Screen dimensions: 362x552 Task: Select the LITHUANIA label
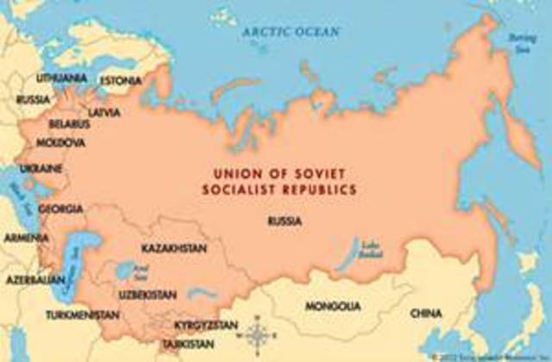tap(61, 78)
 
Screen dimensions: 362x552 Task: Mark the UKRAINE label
tap(41, 167)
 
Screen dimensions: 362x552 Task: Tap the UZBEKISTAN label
tap(148, 295)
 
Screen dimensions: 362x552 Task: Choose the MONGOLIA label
tap(333, 306)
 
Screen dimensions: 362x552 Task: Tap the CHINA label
tap(426, 311)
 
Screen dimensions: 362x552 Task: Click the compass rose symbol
tap(258, 332)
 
